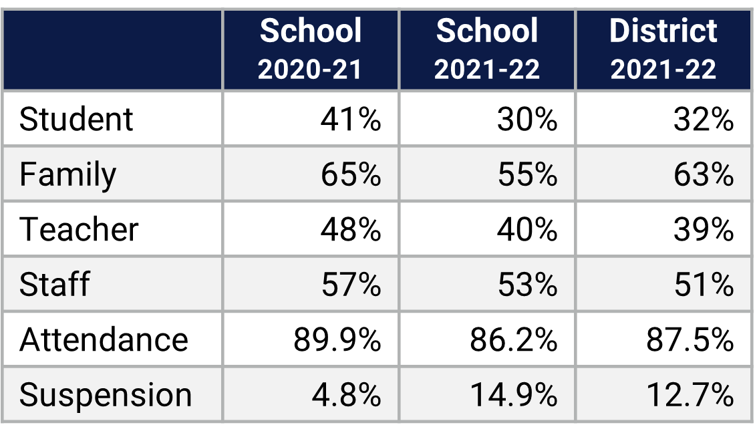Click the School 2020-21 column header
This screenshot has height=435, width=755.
[x=311, y=50]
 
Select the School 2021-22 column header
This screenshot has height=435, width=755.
[x=487, y=50]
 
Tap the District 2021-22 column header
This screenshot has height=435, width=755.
[x=663, y=50]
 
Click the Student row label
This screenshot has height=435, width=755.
[x=76, y=120]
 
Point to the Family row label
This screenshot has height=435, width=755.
[x=67, y=175]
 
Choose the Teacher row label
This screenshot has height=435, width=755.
[x=79, y=230]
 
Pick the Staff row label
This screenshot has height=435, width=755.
[x=54, y=285]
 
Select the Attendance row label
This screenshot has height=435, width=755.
[x=104, y=339]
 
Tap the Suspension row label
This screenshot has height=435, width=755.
[x=106, y=394]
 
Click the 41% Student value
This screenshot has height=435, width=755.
[x=351, y=120]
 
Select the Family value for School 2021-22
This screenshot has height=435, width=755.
[x=527, y=175]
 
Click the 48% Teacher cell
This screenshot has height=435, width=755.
[x=351, y=230]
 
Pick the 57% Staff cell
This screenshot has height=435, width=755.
[x=351, y=285]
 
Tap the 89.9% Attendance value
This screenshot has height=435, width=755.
[x=337, y=339]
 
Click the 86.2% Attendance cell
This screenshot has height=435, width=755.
[x=514, y=339]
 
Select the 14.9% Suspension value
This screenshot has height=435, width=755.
[x=514, y=394]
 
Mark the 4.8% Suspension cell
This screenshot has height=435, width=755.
[x=346, y=394]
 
